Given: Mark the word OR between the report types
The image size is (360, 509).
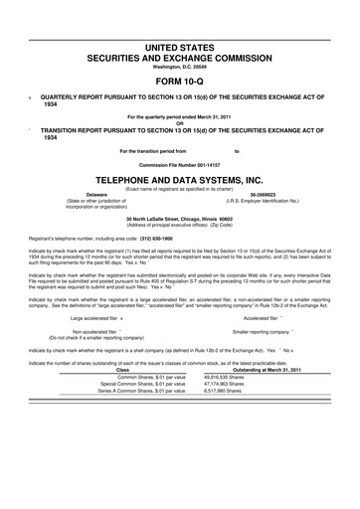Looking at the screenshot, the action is coord(179,123).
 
